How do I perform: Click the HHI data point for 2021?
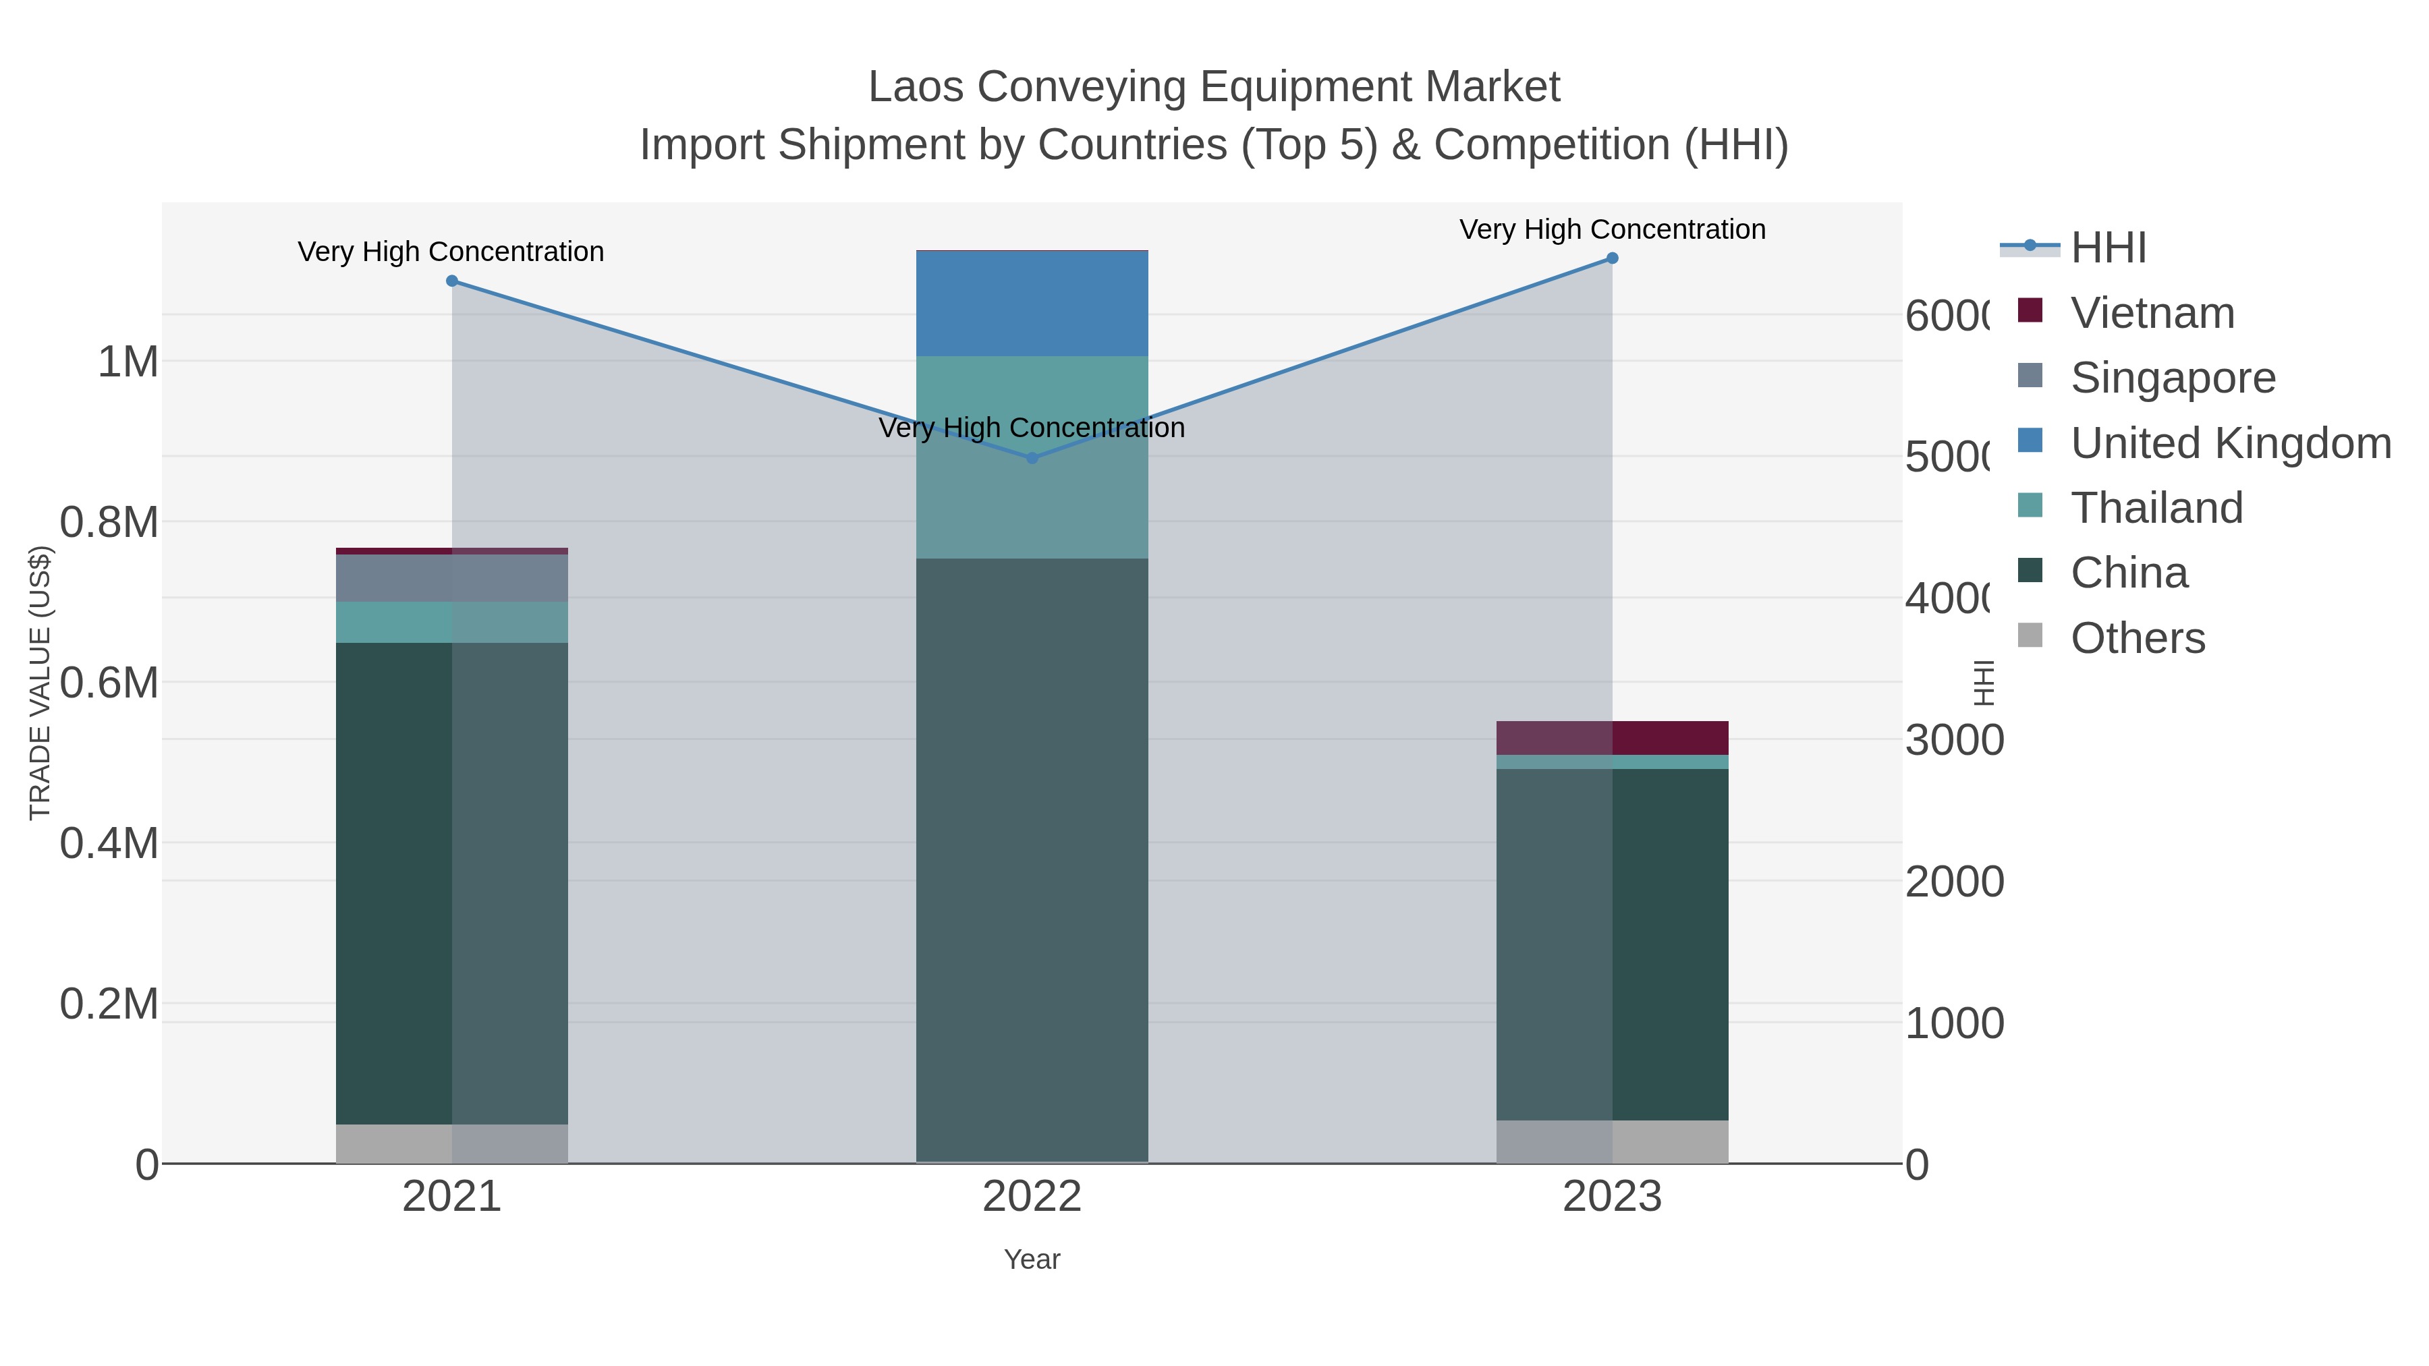[x=451, y=281]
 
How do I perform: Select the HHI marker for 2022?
[x=1032, y=458]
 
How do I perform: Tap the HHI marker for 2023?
[x=1611, y=258]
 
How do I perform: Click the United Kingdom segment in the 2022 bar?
[x=1032, y=304]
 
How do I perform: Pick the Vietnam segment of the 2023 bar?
[x=1611, y=737]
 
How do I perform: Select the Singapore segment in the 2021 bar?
[x=451, y=578]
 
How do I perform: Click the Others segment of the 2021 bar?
[x=451, y=1143]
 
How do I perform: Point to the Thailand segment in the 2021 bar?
[x=451, y=622]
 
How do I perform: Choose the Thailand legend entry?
[x=2156, y=508]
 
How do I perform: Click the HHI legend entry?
[x=2109, y=248]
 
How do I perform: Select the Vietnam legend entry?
[x=2152, y=313]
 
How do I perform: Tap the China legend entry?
[x=2128, y=573]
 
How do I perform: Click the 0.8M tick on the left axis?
[x=109, y=522]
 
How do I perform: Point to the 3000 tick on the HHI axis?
[x=1954, y=740]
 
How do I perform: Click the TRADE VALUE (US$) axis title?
[x=40, y=683]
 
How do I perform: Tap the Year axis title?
[x=1032, y=1259]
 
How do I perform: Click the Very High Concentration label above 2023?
[x=1611, y=229]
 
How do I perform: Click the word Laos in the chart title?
[x=915, y=87]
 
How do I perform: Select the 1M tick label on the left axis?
[x=128, y=362]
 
